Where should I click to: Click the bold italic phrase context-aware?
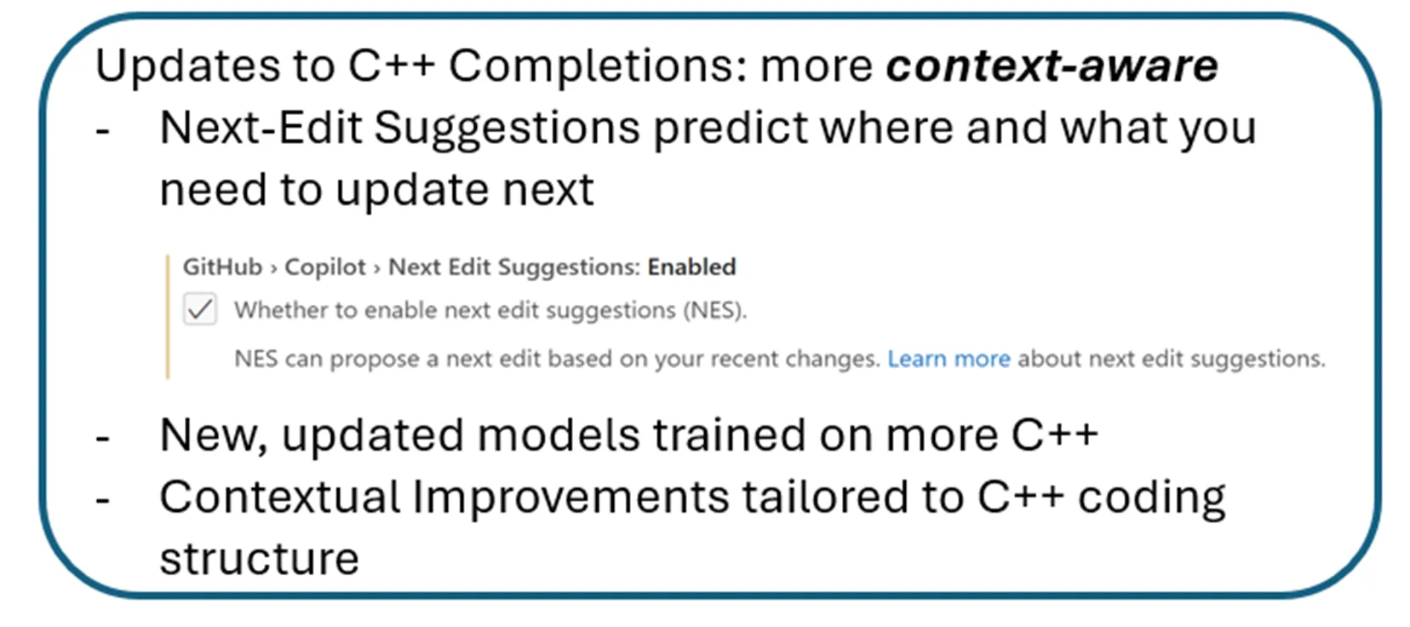(1052, 66)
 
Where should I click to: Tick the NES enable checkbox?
(200, 309)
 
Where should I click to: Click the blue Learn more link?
(949, 359)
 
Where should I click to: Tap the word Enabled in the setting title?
(691, 267)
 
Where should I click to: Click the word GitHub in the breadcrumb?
(222, 267)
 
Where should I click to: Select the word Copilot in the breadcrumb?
(324, 267)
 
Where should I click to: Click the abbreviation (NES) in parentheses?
(714, 310)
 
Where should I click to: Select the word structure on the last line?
(259, 559)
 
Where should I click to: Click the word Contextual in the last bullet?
(279, 497)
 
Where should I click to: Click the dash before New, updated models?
(103, 439)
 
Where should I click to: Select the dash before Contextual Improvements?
(103, 500)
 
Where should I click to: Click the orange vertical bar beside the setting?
(168, 316)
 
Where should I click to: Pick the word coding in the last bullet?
(1151, 498)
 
